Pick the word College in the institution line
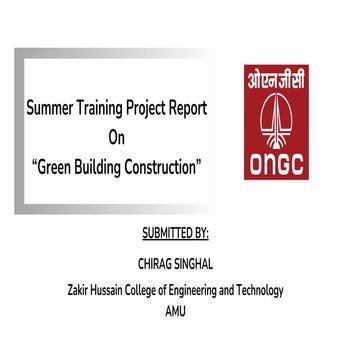click(x=162, y=291)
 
